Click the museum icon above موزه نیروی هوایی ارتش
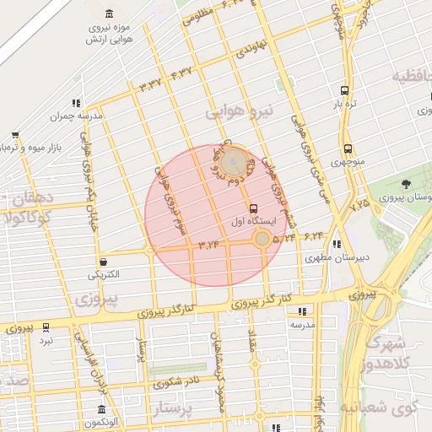pos(111,13)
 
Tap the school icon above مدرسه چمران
pos(78,103)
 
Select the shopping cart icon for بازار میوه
pos(15,135)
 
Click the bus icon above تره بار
pos(343,90)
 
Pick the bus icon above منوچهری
pos(348,148)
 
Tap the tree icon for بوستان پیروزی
pos(406,184)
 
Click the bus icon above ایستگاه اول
pos(253,208)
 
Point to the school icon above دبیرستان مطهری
pos(337,245)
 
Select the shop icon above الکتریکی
pos(103,262)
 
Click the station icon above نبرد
pos(46,327)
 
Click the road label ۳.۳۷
pos(152,84)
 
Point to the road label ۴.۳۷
pos(181,75)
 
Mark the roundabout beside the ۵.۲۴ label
pos(262,239)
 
